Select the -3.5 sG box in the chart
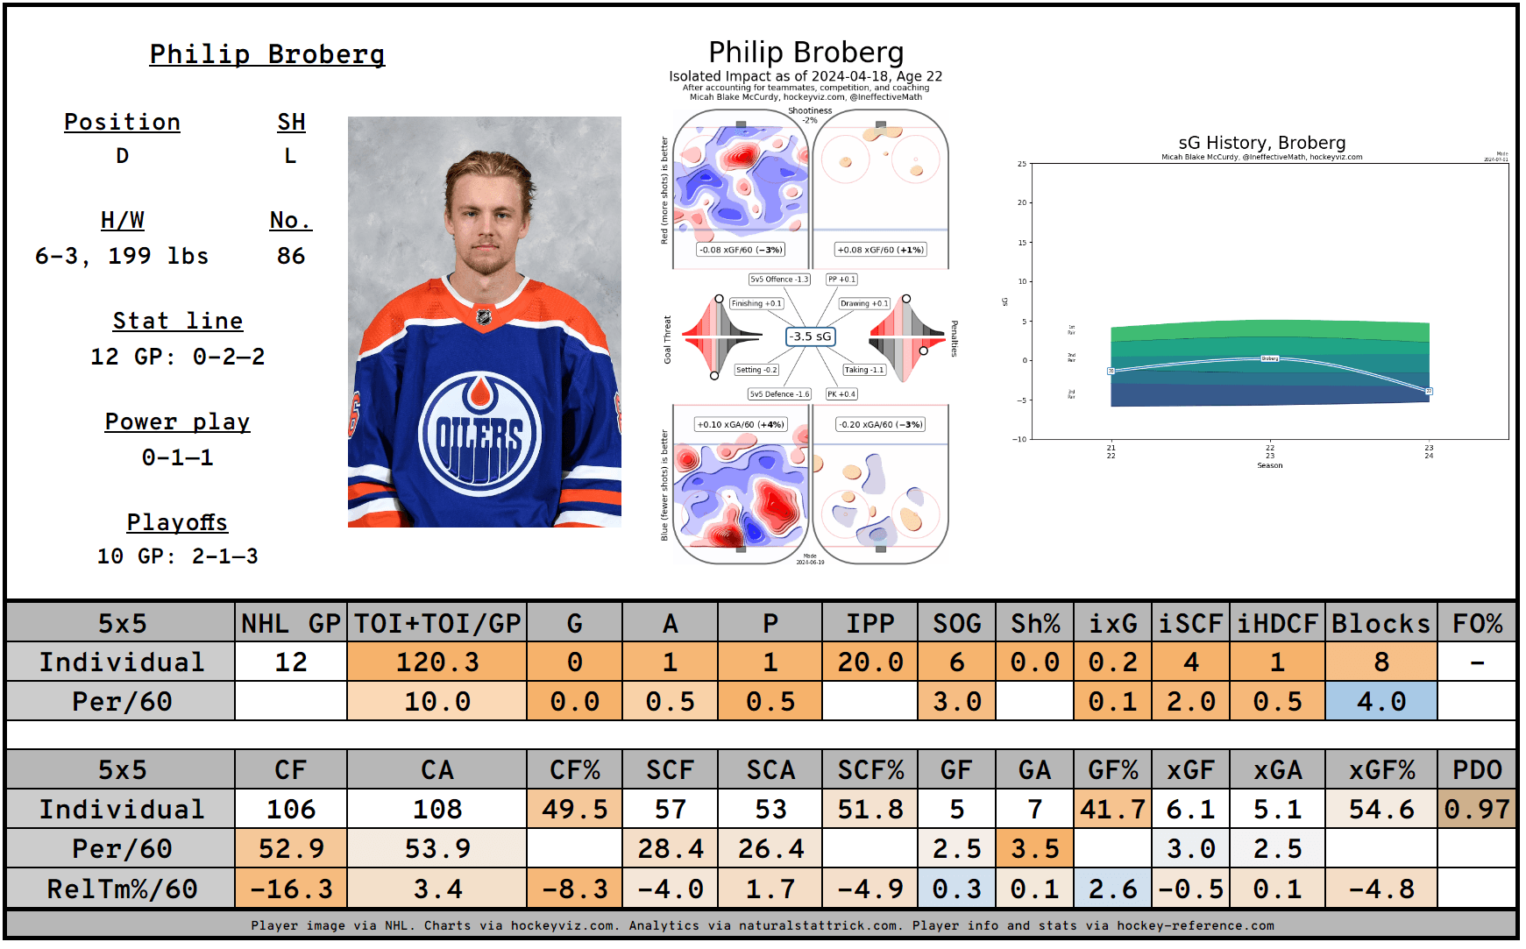pos(809,336)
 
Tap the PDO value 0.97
pos(1477,809)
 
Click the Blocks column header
pos(1380,623)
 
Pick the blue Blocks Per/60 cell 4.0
pos(1380,701)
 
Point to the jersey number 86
pos(291,256)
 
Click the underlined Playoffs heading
pos(177,522)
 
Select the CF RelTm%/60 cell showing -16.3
pos(291,889)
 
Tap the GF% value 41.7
pos(1112,809)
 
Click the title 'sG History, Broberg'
pos(1261,143)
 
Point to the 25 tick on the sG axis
pos(1022,164)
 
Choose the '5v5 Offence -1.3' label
pos(779,280)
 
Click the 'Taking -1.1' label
pos(863,370)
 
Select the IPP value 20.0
pos(869,662)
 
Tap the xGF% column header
pos(1380,770)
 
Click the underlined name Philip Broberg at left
pos(267,54)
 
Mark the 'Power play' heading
pos(177,422)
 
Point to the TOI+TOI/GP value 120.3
pos(437,662)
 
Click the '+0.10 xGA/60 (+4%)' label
pos(741,424)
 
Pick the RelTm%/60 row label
pos(122,889)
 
